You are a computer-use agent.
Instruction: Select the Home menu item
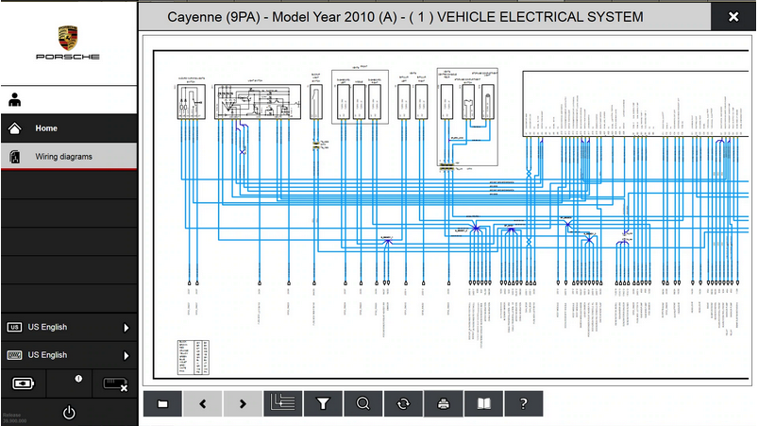(46, 128)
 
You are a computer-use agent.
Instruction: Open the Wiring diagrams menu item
(63, 156)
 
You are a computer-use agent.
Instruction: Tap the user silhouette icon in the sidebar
(15, 98)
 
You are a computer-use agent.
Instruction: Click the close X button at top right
(733, 17)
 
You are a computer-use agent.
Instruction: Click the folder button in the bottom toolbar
(162, 403)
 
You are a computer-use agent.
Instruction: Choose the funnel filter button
(323, 403)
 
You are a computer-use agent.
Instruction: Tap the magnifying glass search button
(362, 403)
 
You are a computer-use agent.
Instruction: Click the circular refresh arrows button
(403, 403)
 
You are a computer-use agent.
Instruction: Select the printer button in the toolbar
(443, 403)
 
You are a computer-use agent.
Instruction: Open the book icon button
(483, 403)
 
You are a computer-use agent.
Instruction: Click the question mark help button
(523, 403)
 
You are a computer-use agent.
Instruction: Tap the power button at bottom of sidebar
(69, 412)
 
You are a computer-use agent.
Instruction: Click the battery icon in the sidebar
(23, 383)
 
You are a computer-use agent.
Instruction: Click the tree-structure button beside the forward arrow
(282, 403)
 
